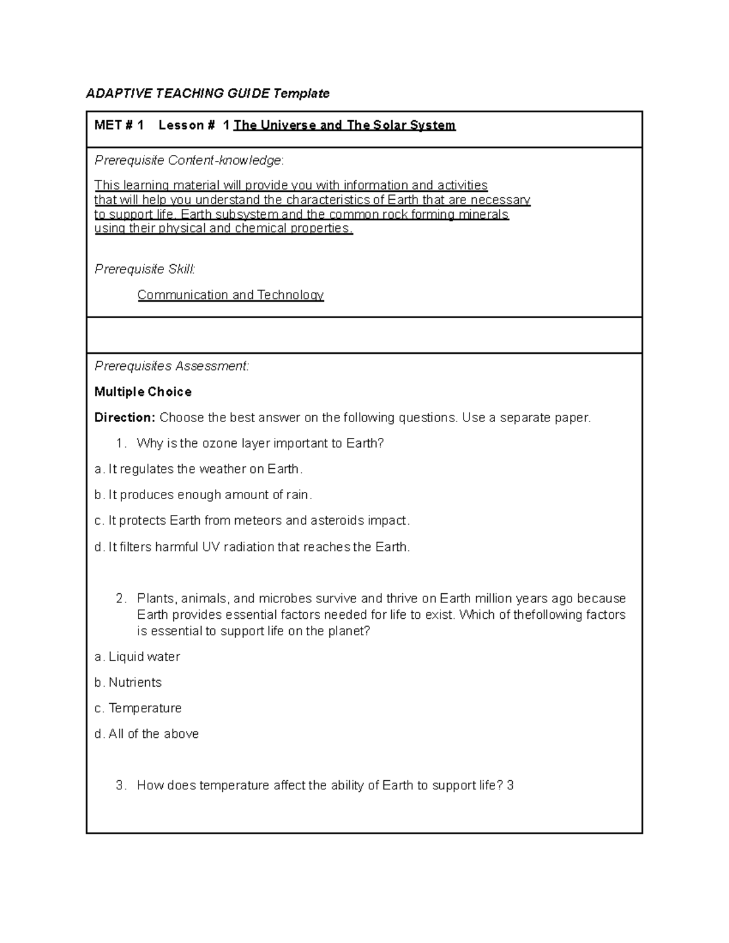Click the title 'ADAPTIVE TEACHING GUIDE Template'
tap(208, 93)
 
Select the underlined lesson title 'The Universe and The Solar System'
tap(344, 126)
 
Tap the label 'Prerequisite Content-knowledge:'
tap(189, 160)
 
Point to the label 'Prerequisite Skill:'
tap(145, 269)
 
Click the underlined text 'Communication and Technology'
tap(230, 295)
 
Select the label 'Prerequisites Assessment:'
tap(171, 366)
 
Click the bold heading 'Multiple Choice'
tap(143, 392)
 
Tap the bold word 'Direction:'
tap(125, 418)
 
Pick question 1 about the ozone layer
tap(260, 444)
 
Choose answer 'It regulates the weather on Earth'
tap(198, 469)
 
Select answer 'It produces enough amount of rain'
tap(203, 495)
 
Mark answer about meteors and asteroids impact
tap(252, 521)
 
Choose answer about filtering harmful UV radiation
tap(252, 547)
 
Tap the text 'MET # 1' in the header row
tap(119, 126)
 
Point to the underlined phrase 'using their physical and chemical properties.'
tap(224, 229)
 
